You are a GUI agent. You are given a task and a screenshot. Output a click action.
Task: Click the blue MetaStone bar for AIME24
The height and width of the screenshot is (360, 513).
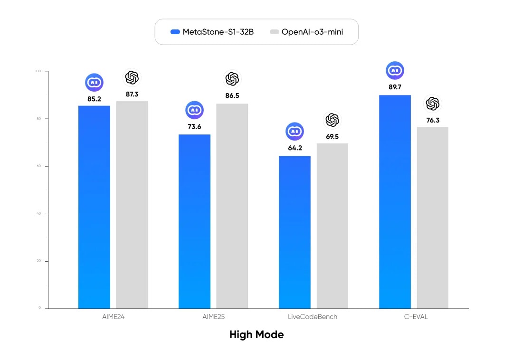(94, 207)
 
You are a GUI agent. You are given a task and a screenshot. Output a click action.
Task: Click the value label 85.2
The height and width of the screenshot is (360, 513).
(94, 99)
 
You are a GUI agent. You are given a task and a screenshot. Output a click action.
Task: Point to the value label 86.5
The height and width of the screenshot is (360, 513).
(232, 95)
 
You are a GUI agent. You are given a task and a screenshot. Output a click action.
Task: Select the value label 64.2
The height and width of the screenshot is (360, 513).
(294, 148)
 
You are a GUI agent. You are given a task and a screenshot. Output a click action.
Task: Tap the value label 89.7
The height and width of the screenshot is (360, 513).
(395, 87)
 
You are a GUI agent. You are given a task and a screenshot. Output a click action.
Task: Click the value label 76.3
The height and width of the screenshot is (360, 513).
(433, 120)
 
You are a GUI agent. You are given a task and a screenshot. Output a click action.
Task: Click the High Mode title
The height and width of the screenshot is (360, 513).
(256, 335)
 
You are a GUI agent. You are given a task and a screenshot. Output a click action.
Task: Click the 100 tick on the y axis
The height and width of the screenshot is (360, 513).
(38, 71)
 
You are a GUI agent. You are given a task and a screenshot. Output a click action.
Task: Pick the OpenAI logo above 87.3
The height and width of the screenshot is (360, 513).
(132, 77)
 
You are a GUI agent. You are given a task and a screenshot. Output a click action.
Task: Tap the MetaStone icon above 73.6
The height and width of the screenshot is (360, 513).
(194, 110)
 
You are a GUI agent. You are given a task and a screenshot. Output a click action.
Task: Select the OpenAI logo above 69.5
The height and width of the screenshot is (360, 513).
(332, 120)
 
